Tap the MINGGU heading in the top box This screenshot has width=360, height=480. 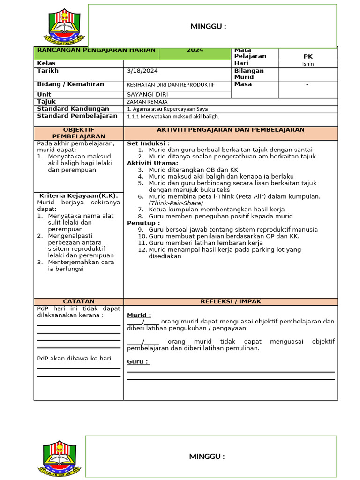click(x=208, y=26)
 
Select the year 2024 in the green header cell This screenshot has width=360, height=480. click(x=195, y=50)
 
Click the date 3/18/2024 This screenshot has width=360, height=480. click(x=142, y=71)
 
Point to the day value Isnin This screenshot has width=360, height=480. click(x=308, y=64)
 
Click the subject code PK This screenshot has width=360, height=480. click(x=308, y=56)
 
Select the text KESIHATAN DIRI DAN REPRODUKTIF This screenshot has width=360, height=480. click(x=171, y=85)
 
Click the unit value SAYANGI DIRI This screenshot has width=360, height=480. click(x=147, y=94)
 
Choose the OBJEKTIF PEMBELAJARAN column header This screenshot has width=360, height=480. click(x=79, y=133)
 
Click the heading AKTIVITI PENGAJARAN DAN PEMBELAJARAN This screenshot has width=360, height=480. click(x=230, y=130)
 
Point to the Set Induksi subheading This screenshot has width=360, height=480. click(x=148, y=143)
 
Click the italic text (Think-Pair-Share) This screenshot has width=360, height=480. click(x=176, y=203)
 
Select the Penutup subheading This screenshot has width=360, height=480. click(x=143, y=223)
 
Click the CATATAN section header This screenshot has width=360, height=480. click(x=79, y=301)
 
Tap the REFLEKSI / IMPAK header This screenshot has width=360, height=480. click(x=231, y=301)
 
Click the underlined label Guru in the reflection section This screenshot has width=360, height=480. click(x=138, y=361)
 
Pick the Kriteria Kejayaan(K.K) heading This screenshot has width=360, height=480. click(x=79, y=195)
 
